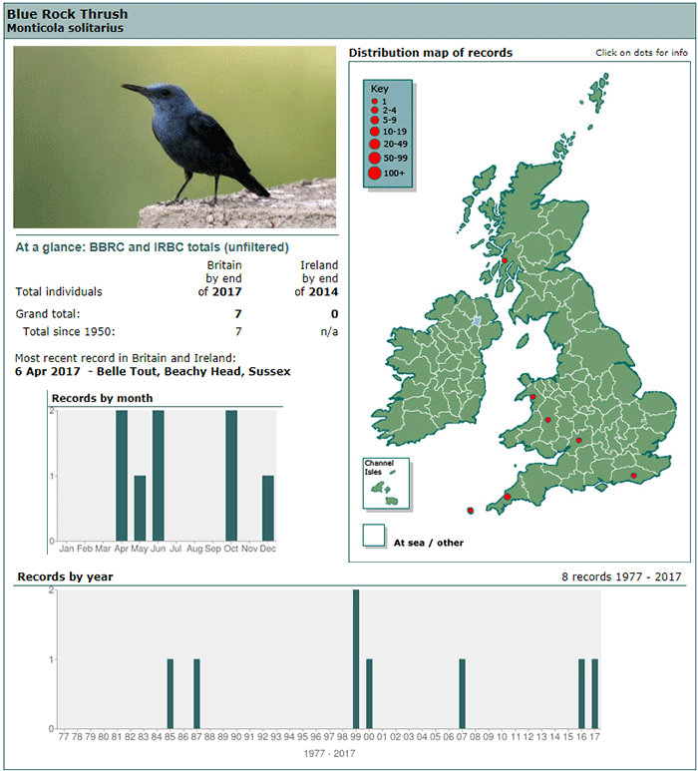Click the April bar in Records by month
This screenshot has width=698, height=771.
[122, 476]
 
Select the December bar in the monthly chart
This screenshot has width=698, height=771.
[268, 508]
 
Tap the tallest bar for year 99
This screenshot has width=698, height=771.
[356, 659]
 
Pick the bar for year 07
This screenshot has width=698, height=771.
[462, 694]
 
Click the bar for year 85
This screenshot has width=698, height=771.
[171, 694]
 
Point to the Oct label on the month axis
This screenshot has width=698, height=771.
[231, 549]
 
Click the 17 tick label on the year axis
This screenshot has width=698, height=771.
[594, 736]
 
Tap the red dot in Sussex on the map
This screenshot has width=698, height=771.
[634, 476]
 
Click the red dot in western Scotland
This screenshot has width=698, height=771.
[505, 260]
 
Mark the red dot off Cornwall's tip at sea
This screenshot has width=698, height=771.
[471, 511]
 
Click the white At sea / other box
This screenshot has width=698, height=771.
[374, 536]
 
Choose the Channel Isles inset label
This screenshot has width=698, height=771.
[379, 467]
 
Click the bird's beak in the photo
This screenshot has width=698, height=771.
[136, 89]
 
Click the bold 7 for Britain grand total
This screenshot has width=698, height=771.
[238, 314]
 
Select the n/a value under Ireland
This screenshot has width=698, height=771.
[329, 331]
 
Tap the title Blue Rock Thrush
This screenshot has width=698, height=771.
[68, 14]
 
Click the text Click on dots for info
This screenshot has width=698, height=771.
[641, 53]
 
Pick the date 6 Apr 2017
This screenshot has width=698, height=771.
[47, 371]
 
